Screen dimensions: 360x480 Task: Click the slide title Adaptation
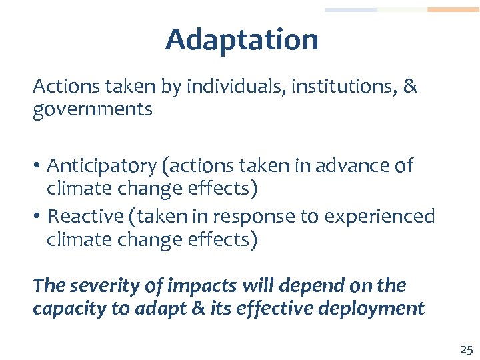pos(241,39)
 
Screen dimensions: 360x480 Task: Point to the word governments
pos(93,109)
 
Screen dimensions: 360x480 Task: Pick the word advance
pos(352,165)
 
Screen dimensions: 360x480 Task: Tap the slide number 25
pos(466,349)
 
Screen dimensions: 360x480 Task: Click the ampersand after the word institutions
pos(410,87)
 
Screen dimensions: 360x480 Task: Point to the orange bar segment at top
pos(453,10)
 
